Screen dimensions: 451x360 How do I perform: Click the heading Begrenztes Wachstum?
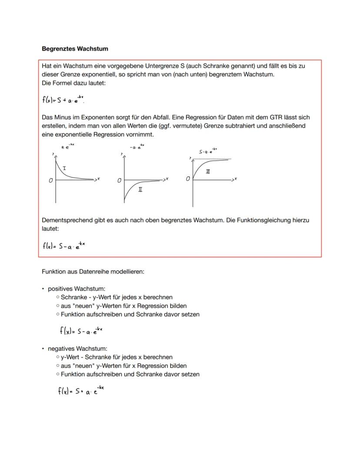[x=75, y=49]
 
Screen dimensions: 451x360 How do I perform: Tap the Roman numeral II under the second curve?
[x=140, y=190]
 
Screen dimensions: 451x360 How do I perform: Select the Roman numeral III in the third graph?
[x=208, y=172]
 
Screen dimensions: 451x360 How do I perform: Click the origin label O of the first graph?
[x=51, y=180]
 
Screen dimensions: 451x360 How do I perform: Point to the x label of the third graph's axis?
[x=235, y=179]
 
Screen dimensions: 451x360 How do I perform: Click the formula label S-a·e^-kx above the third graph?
[x=208, y=152]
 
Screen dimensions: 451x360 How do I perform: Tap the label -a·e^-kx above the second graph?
[x=137, y=147]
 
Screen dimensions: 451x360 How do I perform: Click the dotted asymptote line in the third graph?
[x=213, y=159]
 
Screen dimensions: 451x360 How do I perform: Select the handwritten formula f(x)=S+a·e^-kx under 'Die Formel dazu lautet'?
[x=63, y=99]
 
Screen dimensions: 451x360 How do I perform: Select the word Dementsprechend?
[x=67, y=220]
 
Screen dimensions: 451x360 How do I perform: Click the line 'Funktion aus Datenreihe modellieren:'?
[x=93, y=271]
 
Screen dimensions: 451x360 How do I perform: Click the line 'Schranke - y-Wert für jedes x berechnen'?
[x=117, y=297]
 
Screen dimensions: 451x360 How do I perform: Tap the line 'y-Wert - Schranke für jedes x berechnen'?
[x=117, y=357]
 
